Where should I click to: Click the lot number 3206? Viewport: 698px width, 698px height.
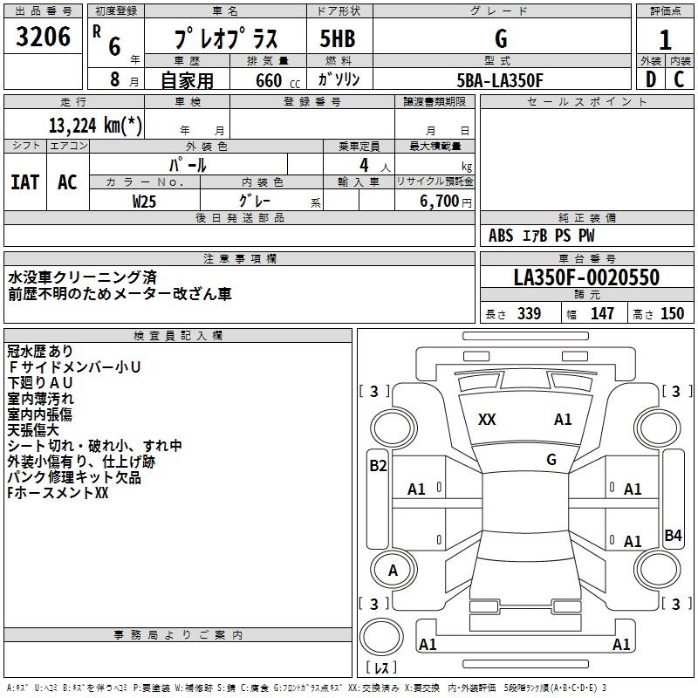(x=43, y=37)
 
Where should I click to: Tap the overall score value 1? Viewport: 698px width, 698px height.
(x=665, y=40)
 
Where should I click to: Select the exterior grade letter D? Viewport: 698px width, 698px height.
(x=651, y=79)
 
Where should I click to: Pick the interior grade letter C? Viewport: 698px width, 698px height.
(x=679, y=79)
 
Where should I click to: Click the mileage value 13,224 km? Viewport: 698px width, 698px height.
(x=95, y=126)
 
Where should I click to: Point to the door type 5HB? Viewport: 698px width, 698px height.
(x=338, y=38)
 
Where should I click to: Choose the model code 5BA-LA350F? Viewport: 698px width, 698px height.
(x=500, y=80)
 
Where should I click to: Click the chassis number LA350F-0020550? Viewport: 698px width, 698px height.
(x=586, y=277)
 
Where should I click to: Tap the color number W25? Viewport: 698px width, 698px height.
(x=144, y=202)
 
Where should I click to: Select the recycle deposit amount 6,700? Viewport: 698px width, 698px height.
(x=439, y=202)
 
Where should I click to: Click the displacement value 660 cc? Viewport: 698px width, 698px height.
(x=277, y=81)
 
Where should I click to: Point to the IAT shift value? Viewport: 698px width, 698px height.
(x=25, y=182)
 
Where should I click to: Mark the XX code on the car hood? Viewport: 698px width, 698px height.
(x=487, y=420)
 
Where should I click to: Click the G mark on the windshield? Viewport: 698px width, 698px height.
(x=551, y=460)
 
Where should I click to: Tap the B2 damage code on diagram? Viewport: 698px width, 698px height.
(x=378, y=466)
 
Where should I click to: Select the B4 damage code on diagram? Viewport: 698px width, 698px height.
(x=673, y=535)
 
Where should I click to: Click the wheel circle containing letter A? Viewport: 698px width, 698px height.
(x=393, y=570)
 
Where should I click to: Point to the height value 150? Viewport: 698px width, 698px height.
(x=672, y=313)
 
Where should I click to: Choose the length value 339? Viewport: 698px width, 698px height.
(x=529, y=313)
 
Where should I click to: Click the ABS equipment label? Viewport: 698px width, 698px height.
(x=501, y=236)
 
